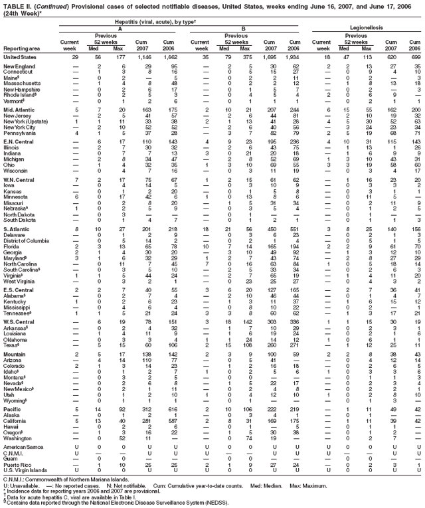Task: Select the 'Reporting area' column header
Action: coord(21,48)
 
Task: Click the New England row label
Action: coord(18,66)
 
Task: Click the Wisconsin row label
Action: coord(16,171)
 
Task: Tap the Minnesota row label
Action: coord(16,196)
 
